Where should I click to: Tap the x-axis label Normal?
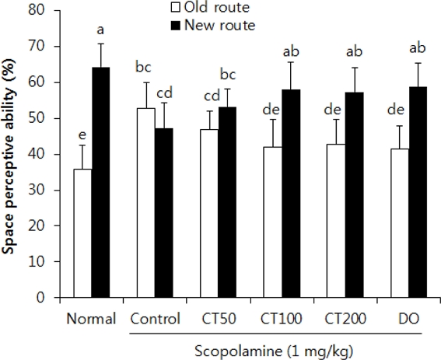pos(91,319)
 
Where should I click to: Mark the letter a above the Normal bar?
pos(100,30)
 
